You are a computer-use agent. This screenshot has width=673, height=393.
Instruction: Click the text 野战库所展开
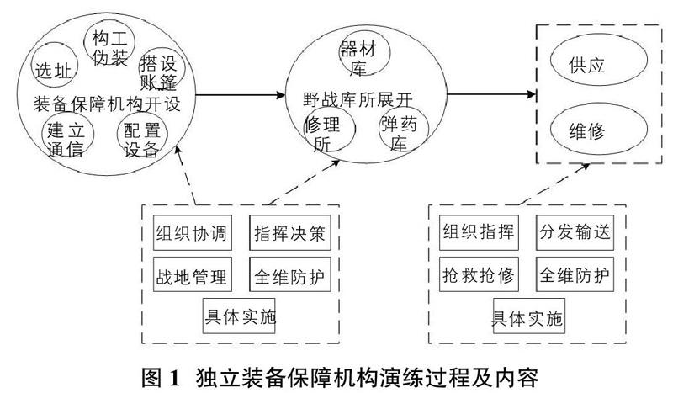(x=358, y=99)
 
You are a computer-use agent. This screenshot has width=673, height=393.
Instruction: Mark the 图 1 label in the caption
(x=160, y=378)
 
